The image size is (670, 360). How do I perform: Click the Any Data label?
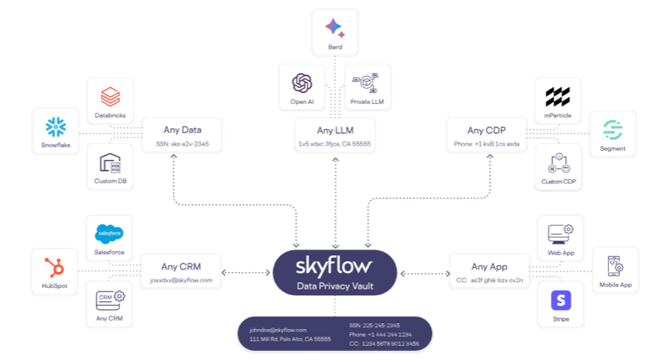[182, 129]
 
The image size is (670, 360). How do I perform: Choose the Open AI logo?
[301, 83]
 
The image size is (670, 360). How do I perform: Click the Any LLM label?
[335, 130]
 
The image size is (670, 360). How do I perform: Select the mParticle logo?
[557, 95]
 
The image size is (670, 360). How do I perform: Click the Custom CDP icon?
[557, 162]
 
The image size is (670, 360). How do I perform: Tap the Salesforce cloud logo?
[111, 232]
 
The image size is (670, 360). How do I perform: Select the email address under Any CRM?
[182, 280]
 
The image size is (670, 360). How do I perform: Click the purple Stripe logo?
[560, 299]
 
